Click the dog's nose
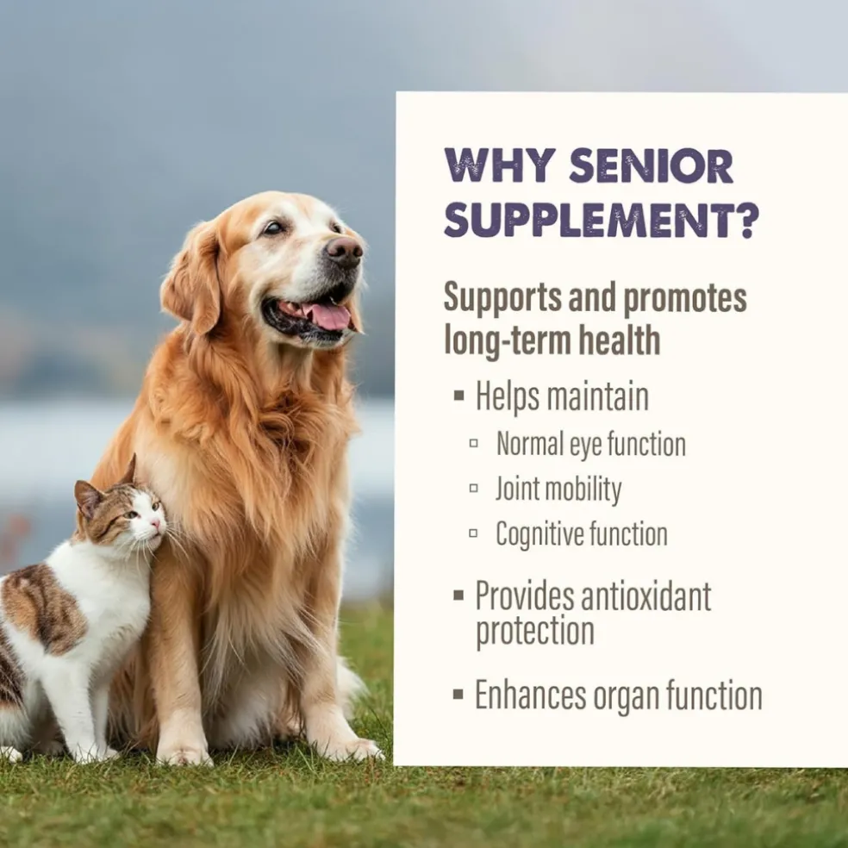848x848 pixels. (345, 251)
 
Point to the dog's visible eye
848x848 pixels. (273, 228)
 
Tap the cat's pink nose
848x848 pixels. (156, 523)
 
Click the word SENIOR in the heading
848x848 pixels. (652, 165)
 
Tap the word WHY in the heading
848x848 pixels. (500, 165)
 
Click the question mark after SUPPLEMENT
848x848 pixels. (748, 221)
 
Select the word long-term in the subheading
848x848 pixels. (507, 340)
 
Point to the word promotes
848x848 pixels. (685, 298)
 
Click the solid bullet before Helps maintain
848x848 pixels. (459, 396)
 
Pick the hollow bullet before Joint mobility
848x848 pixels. (473, 489)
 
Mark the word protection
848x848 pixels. (535, 633)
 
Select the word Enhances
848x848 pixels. (531, 695)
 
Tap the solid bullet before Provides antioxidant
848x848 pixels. (458, 595)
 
